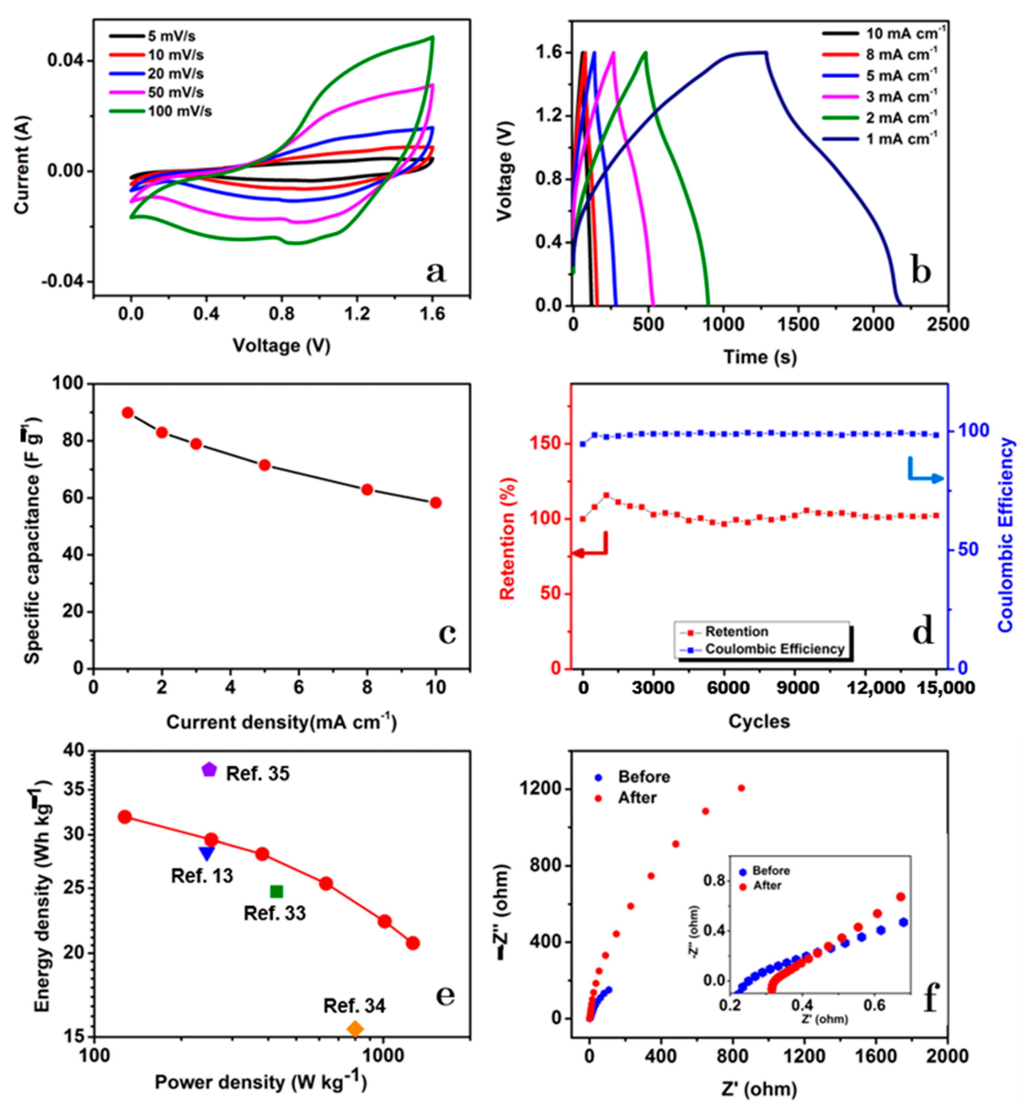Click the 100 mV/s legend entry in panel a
tap(179, 111)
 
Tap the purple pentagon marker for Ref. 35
tap(209, 769)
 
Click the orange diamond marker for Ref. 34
tap(355, 1028)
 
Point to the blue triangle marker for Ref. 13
tap(207, 853)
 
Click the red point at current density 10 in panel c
tap(436, 503)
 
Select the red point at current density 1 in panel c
tap(127, 413)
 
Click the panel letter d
tap(923, 632)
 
